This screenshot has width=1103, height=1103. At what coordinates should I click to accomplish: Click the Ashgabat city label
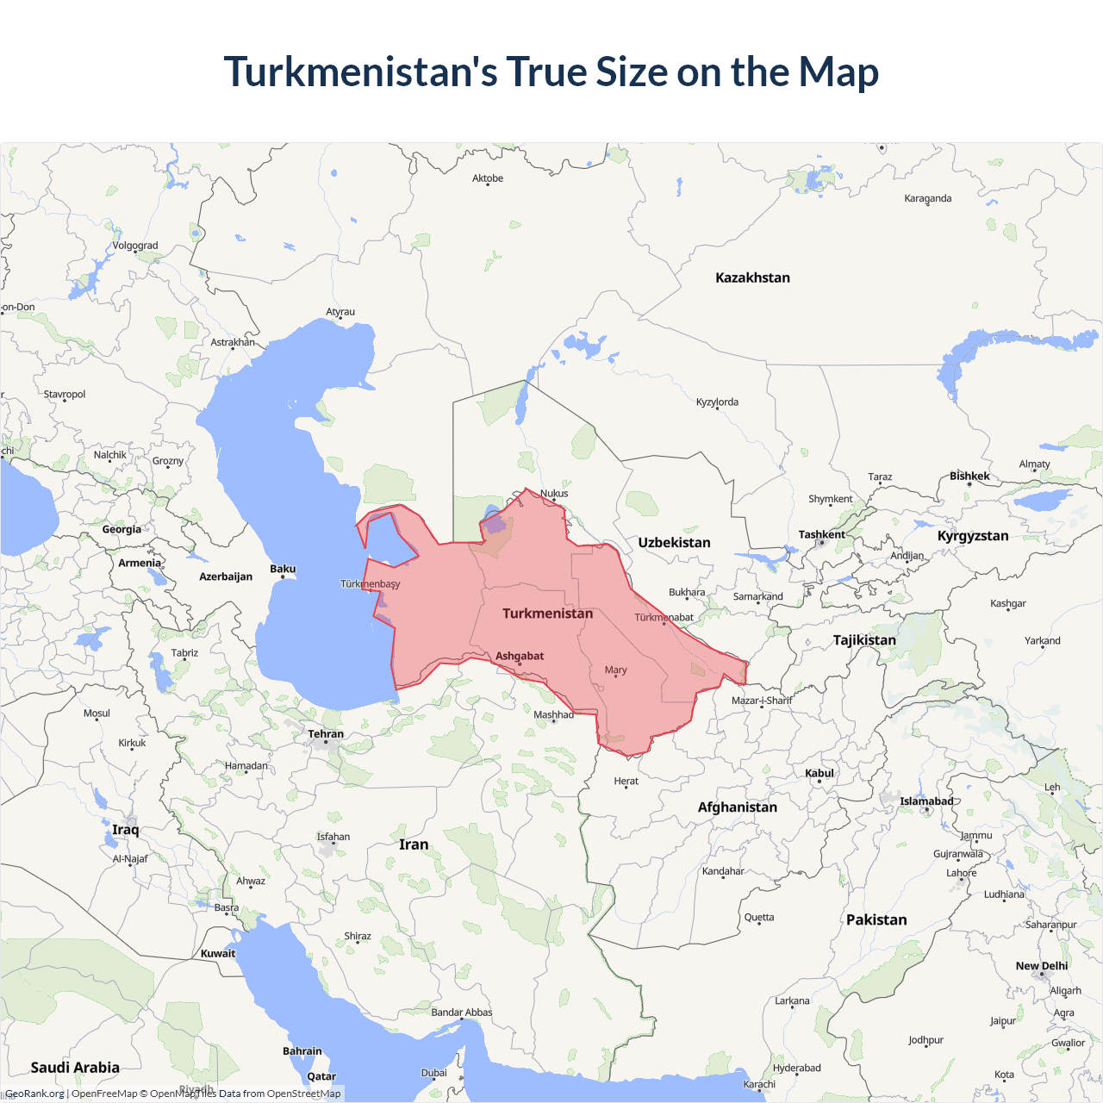[x=520, y=656]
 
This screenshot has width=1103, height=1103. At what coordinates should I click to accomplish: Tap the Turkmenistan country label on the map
[x=547, y=614]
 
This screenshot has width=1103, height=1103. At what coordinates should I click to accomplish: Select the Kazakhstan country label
[x=752, y=277]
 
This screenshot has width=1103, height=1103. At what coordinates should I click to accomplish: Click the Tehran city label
[x=326, y=734]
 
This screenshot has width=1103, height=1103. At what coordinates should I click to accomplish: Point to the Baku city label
[x=283, y=569]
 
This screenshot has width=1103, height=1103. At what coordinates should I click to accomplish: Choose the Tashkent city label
[x=821, y=534]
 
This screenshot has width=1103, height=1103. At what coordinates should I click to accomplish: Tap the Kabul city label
[x=819, y=773]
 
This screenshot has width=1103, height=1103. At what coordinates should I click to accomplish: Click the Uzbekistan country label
[x=674, y=543]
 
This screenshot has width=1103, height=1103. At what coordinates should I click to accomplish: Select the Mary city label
[x=615, y=670]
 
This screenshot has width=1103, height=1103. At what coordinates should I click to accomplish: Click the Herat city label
[x=626, y=781]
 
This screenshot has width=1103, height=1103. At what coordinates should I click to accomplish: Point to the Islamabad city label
[x=926, y=801]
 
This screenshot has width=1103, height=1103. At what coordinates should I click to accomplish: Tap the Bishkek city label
[x=969, y=476]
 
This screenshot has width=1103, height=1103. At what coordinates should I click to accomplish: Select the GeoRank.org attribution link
[x=34, y=1094]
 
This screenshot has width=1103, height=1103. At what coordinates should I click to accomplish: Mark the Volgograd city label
[x=135, y=246]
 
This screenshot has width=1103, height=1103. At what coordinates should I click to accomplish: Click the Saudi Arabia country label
[x=75, y=1068]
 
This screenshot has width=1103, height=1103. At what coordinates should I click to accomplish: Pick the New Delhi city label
[x=1041, y=966]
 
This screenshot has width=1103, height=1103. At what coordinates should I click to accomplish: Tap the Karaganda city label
[x=927, y=198]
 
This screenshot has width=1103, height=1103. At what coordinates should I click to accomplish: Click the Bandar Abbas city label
[x=461, y=1013]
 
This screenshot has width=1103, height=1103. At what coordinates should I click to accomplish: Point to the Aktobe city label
[x=488, y=178]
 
